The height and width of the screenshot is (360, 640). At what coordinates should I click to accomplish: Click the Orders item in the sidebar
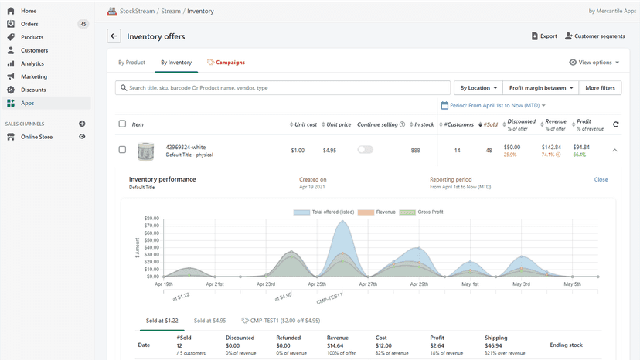point(29,24)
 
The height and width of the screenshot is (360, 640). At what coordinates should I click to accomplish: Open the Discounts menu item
point(33,90)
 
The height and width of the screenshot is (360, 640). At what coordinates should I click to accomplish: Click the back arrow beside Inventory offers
point(114,36)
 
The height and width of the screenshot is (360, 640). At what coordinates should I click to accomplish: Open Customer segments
point(594,36)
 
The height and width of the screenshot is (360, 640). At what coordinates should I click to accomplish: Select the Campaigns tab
point(226,63)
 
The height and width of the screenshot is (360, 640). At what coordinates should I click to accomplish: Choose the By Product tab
point(131,63)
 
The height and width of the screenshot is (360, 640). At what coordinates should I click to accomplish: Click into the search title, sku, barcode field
point(283,88)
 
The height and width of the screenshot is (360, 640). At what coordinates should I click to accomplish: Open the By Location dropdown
point(478,88)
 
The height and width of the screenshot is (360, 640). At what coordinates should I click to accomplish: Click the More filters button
point(600,88)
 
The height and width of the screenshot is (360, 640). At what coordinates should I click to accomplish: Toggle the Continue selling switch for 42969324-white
point(366,150)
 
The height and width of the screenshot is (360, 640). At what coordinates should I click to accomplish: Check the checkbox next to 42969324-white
point(122,149)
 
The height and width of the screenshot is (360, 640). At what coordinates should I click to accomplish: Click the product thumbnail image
point(146,151)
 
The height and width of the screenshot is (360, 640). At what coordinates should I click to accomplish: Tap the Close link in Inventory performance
point(601,179)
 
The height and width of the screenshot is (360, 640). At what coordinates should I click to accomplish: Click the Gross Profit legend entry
point(421,212)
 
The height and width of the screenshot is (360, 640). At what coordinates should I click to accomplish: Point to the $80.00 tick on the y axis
point(151,219)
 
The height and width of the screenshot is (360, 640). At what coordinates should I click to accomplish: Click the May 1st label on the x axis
point(470,284)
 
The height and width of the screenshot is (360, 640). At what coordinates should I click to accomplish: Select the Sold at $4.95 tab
point(209,321)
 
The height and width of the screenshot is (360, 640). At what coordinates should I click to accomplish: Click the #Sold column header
point(490,124)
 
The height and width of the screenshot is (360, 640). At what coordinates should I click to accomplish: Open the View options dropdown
point(594,63)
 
